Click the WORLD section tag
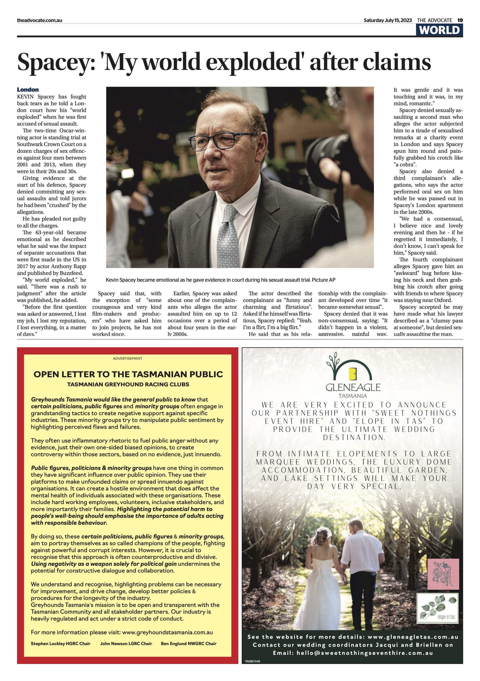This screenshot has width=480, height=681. pos(439,30)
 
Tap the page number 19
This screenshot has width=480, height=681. pos(460,20)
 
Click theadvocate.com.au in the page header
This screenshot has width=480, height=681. pos(39,20)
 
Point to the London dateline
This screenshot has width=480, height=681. pos(28,90)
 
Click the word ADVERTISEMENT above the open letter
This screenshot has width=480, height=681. pos(127,358)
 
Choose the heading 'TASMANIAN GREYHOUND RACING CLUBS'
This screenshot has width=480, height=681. pos(128,384)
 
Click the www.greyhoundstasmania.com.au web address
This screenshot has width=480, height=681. pos(168,632)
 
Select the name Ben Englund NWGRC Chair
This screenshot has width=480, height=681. pos(189,644)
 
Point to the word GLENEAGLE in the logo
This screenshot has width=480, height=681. pos(353,387)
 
